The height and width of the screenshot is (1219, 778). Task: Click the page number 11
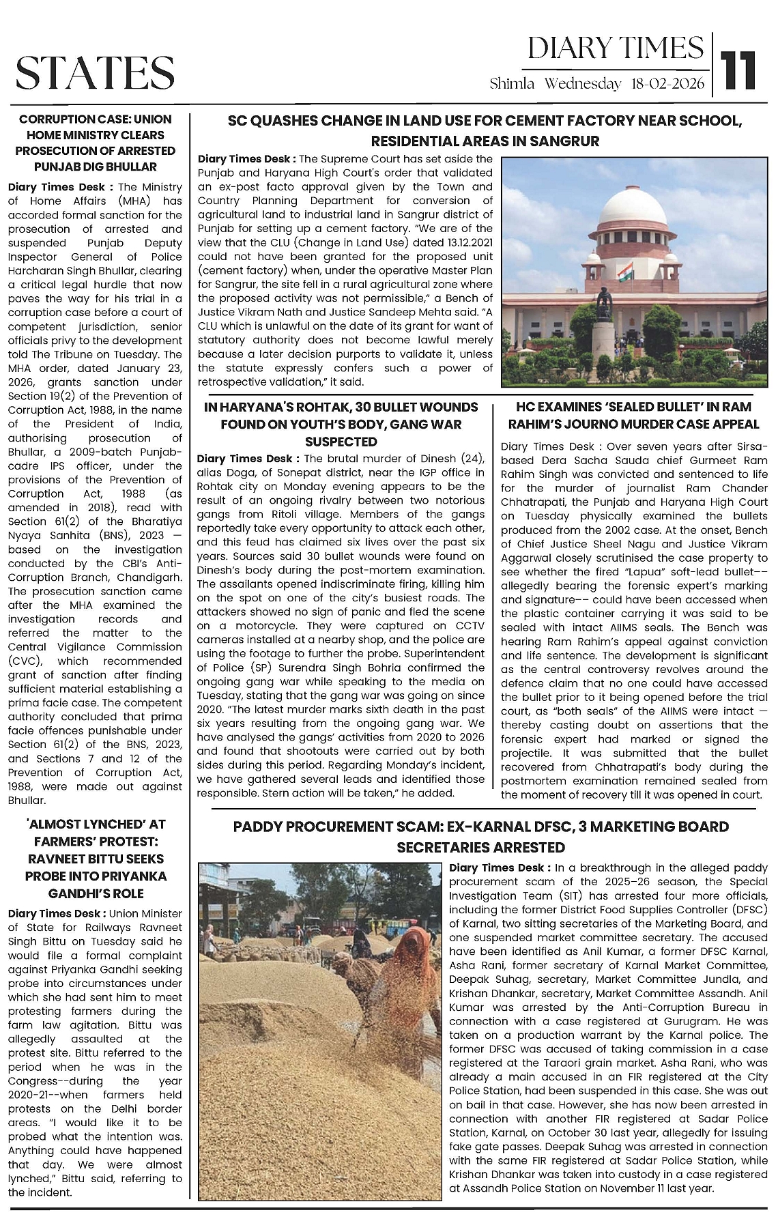click(740, 68)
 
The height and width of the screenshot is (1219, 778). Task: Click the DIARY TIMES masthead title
click(616, 48)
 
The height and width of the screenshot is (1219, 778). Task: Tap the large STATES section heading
click(95, 73)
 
